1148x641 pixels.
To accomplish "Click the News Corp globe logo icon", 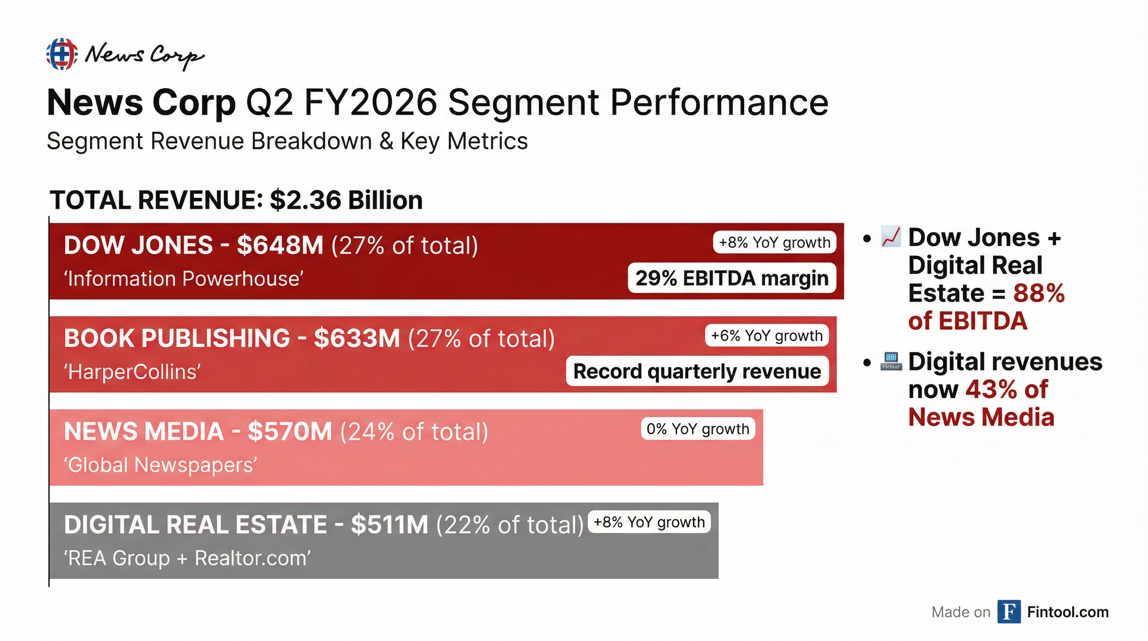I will point(61,54).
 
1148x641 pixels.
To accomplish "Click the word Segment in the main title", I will point(524,103).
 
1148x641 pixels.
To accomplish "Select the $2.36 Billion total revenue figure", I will point(346,200).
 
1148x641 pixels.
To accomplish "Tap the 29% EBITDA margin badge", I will point(732,279).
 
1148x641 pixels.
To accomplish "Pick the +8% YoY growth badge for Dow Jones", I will point(775,242).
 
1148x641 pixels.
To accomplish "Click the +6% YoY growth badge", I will point(767,336).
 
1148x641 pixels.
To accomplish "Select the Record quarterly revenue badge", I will point(697,371).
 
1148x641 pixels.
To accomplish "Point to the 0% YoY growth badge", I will point(698,429).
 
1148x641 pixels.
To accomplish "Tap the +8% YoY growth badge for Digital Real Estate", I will point(650,522).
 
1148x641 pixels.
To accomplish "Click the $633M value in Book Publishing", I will point(357,338).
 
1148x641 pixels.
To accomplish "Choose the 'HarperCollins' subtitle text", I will point(132,372).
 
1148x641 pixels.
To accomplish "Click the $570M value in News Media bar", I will point(290,432).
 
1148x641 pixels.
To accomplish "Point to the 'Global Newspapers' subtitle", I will point(161,465).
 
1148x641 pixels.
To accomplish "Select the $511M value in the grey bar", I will point(389,525).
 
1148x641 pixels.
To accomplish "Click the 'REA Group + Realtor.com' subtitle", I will point(187,558).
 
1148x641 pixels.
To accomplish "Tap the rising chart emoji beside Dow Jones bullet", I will point(891,237).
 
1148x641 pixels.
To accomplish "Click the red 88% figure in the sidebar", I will point(1039,293).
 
